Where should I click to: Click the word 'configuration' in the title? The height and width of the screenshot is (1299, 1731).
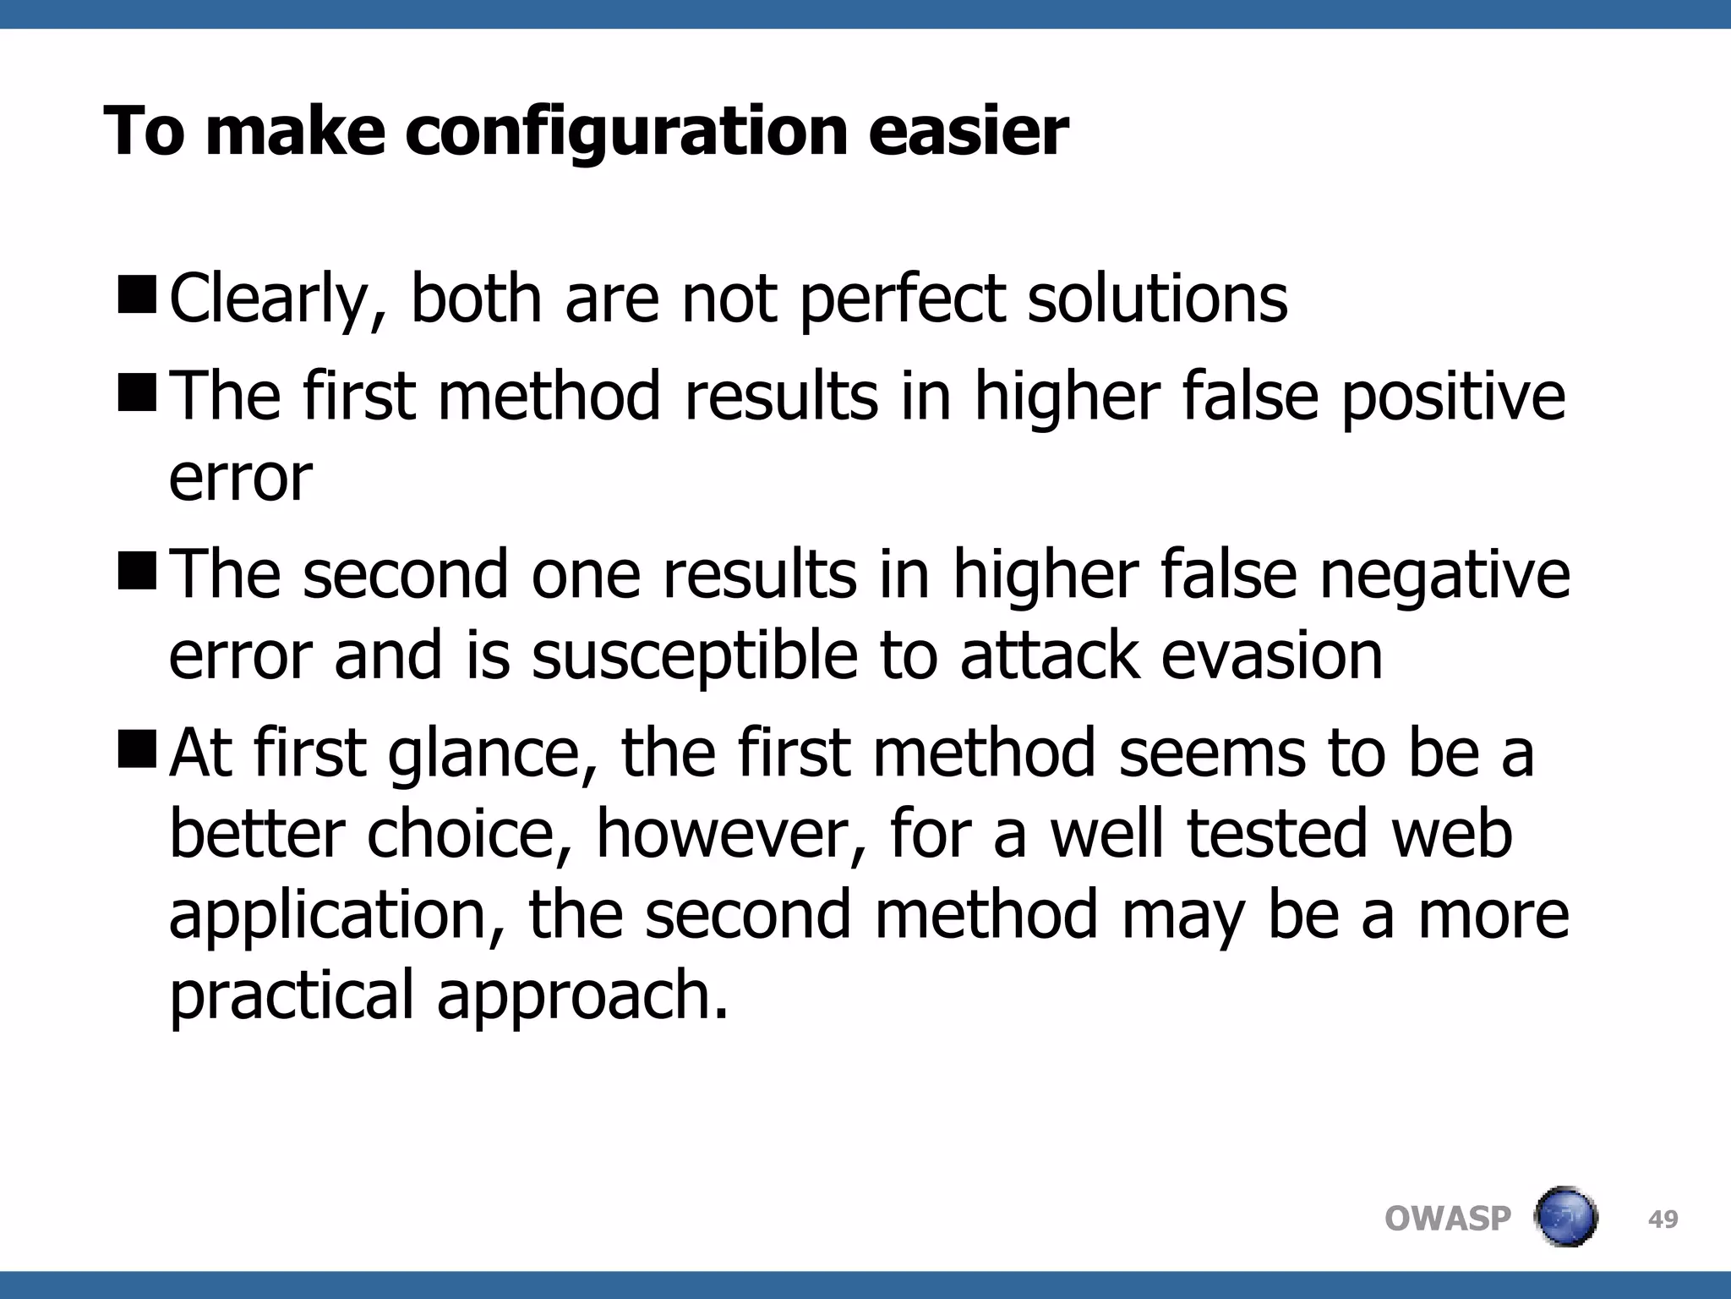pos(626,133)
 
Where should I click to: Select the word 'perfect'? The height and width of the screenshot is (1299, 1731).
pos(903,299)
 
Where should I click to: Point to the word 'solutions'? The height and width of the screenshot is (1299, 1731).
pos(1157,299)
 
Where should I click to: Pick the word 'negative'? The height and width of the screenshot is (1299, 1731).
pos(1444,574)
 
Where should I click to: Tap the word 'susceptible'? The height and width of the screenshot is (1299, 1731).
pos(695,656)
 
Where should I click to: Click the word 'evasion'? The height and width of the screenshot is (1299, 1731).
pos(1272,656)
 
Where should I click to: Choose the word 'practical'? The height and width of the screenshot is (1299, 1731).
pos(292,995)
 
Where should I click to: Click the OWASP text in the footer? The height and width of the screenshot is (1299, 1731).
pos(1447,1219)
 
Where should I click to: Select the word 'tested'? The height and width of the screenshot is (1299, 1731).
pos(1277,833)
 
